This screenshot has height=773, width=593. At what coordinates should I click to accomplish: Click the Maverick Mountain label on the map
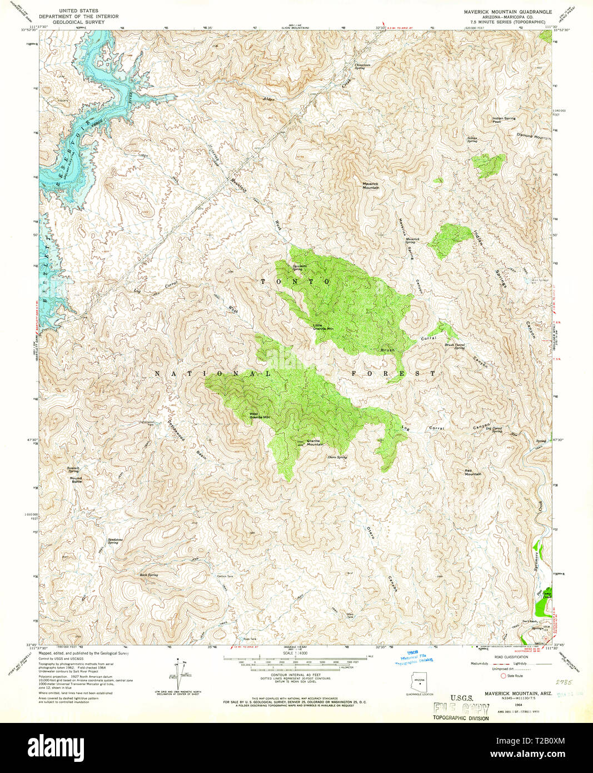tap(371, 186)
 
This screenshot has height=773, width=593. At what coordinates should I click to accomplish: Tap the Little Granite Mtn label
tap(323, 327)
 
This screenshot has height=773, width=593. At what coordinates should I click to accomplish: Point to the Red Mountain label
tap(473, 472)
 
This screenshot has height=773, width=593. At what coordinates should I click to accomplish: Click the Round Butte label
tap(76, 480)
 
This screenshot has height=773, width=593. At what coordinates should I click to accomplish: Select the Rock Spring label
tap(148, 574)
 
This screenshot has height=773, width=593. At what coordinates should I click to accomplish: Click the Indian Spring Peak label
tap(504, 120)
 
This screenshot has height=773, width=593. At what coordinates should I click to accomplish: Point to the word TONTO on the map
tap(296, 282)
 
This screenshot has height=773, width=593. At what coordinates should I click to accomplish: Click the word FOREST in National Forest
tap(393, 373)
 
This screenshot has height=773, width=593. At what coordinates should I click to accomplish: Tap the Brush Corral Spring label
tap(455, 346)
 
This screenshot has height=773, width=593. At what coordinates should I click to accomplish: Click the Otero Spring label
tap(337, 457)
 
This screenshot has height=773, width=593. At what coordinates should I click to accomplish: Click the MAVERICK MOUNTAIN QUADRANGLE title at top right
tap(508, 11)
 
